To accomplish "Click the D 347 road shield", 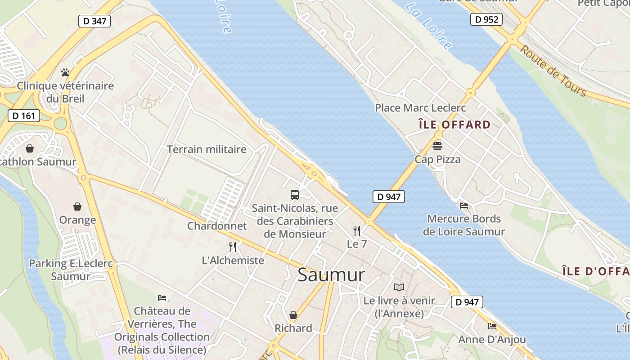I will tap(94, 21).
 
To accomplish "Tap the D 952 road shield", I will tap(486, 19).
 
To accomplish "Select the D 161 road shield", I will tap(24, 116).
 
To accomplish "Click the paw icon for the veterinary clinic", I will tap(65, 72).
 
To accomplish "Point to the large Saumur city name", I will tap(331, 274).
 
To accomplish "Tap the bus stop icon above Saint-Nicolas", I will tap(295, 195).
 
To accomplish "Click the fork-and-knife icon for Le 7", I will tap(357, 231).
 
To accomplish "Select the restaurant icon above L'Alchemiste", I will tap(233, 247).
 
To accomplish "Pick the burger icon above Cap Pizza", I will tap(437, 146).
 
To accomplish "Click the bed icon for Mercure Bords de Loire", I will tap(464, 206).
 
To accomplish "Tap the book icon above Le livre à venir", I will tap(399, 287).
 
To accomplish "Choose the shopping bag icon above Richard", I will tap(293, 315).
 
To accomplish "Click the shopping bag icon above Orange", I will tap(77, 207).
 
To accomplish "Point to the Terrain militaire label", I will tap(207, 149).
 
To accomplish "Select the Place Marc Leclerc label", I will tap(420, 108).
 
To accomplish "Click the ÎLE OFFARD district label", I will tap(454, 125).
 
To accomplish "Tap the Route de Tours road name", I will tap(553, 71).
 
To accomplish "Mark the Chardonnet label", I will tap(217, 226).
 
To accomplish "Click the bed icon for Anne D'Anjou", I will tap(492, 326).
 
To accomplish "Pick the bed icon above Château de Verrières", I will tap(162, 298).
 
